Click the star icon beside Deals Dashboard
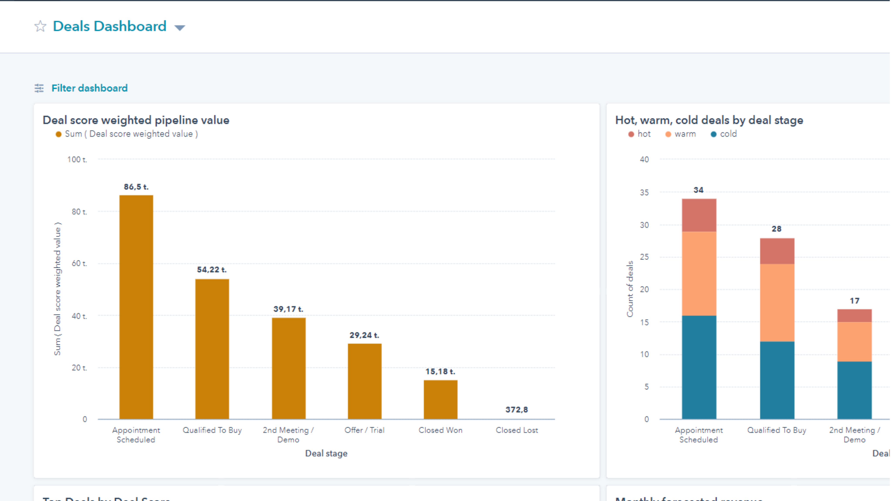coord(40,26)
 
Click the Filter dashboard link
coord(89,88)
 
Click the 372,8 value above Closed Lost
coord(516,410)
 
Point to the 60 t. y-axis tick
coord(79,264)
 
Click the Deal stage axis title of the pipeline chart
coord(326,453)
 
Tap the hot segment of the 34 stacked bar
coord(699,215)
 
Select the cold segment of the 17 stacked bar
coord(854,390)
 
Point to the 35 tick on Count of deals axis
coord(644,193)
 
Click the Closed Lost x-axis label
coord(516,430)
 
